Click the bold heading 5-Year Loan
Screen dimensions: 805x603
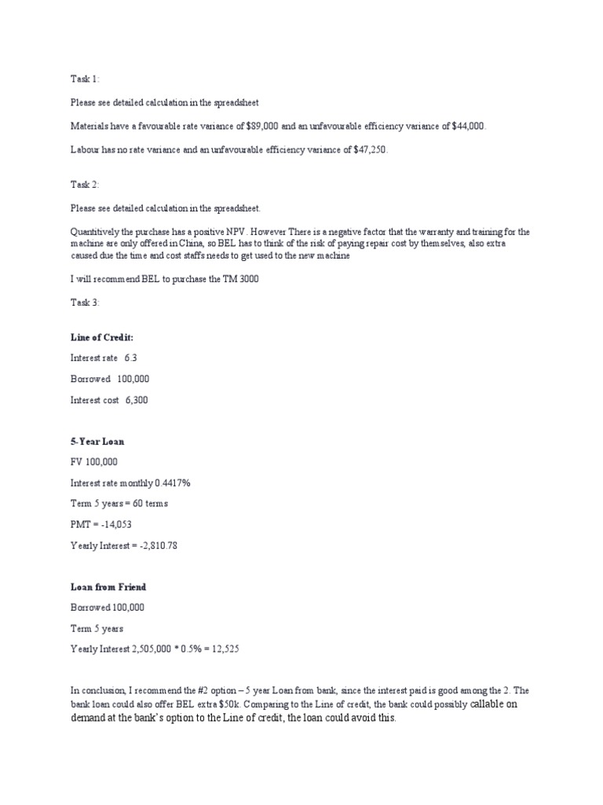coord(97,441)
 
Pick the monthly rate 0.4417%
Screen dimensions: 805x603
coord(172,483)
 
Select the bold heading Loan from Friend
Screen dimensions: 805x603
coord(108,586)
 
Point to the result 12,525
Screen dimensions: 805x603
coord(232,649)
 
